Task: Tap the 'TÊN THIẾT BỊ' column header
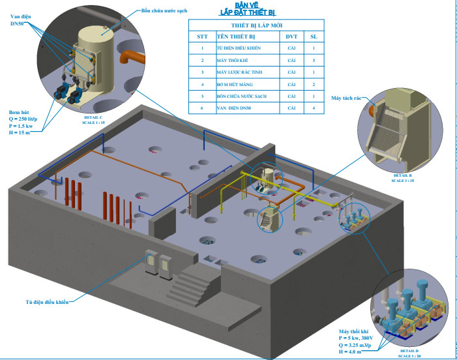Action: [x=236, y=36]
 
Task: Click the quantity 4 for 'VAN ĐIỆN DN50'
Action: [x=313, y=108]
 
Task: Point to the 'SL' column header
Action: [x=313, y=36]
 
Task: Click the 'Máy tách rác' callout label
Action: [x=346, y=98]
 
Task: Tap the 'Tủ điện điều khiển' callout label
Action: [x=47, y=302]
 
